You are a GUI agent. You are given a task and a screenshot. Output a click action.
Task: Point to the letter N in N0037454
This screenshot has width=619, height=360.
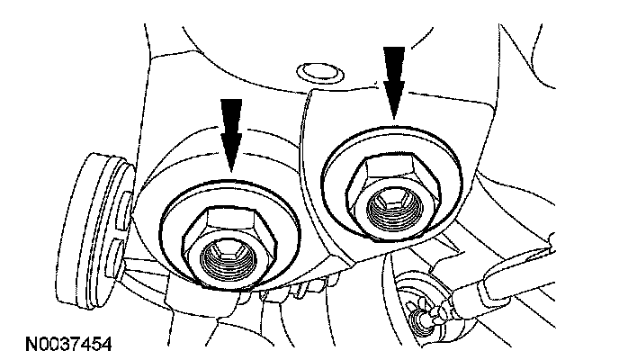[18, 346]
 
